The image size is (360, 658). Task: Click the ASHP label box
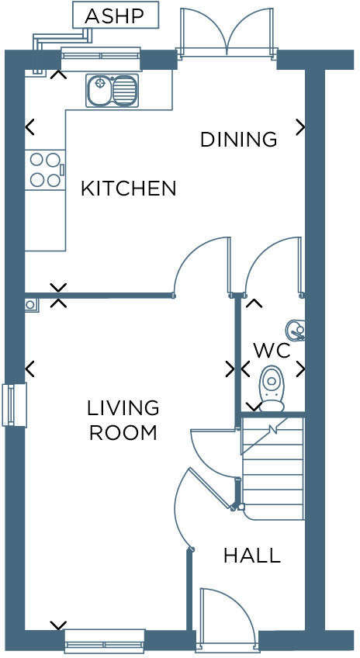click(116, 16)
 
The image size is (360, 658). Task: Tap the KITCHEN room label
click(129, 189)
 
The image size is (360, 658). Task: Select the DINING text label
click(238, 140)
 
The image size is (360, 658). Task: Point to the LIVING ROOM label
click(123, 420)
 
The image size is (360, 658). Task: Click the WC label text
click(271, 350)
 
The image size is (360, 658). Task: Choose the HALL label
click(251, 556)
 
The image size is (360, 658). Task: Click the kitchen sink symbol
click(112, 91)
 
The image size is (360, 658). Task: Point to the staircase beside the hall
click(272, 469)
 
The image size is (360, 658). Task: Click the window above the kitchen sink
click(100, 54)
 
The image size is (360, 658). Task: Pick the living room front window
click(104, 641)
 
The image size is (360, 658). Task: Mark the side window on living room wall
click(14, 405)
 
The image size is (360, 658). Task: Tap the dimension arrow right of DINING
click(300, 126)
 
